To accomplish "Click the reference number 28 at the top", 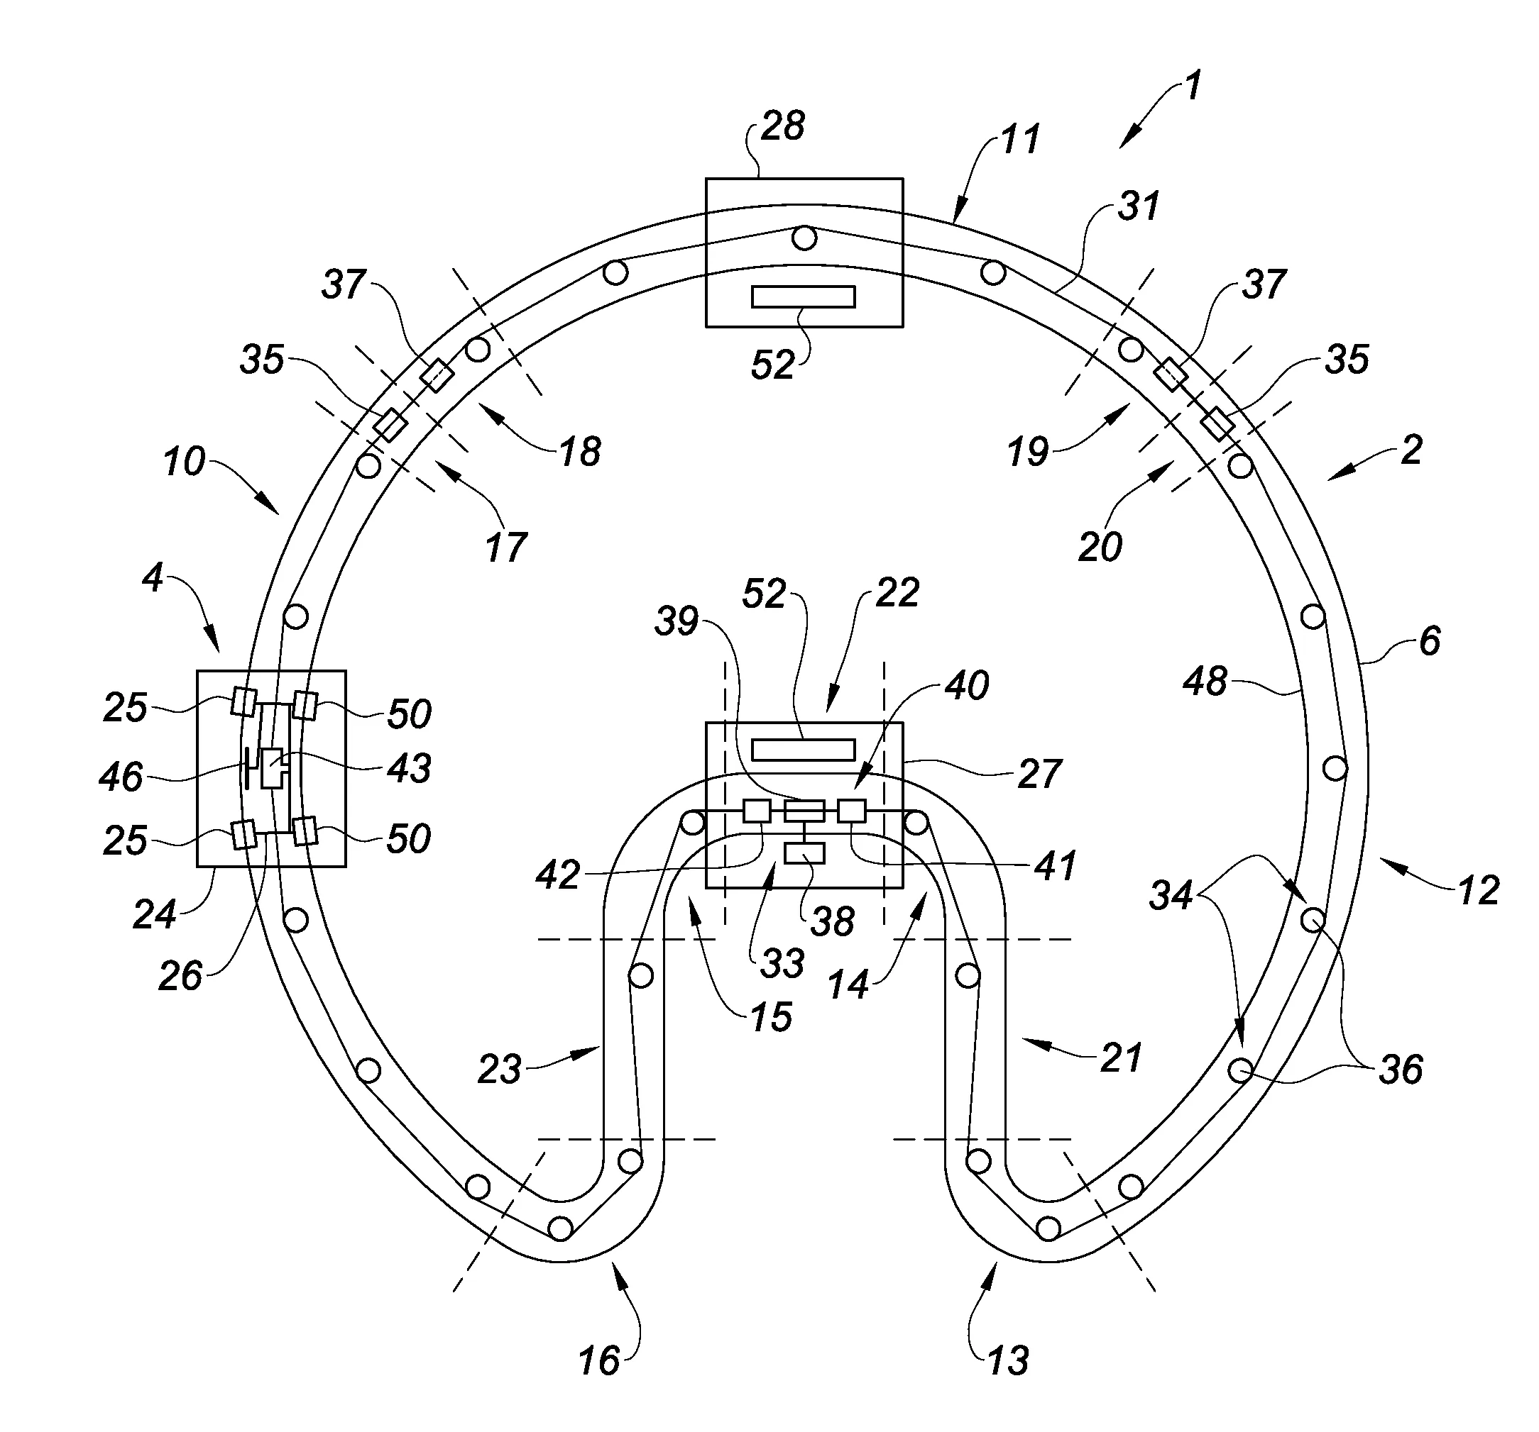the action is [x=783, y=126].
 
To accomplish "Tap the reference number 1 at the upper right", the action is [x=1193, y=86].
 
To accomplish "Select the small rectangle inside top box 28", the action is [x=804, y=297].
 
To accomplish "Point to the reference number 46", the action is [x=121, y=777].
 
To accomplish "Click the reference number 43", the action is [x=409, y=768].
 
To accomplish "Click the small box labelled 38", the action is [x=804, y=853].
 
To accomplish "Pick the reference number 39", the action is [x=677, y=621].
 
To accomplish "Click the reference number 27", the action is [x=1039, y=775].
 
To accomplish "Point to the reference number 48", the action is [x=1205, y=682].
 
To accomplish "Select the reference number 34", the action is [x=1171, y=896].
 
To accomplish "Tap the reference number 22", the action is [x=897, y=594].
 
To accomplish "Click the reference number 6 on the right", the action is [x=1430, y=641].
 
